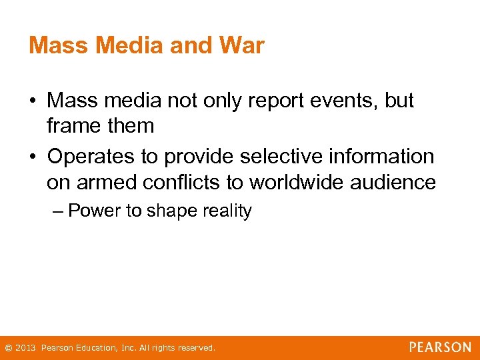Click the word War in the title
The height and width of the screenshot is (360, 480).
point(241,46)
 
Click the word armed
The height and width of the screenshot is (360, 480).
point(101,181)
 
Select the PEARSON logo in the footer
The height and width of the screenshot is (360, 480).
point(440,347)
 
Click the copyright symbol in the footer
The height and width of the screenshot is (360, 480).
point(8,348)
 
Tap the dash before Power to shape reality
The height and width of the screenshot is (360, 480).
point(58,211)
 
